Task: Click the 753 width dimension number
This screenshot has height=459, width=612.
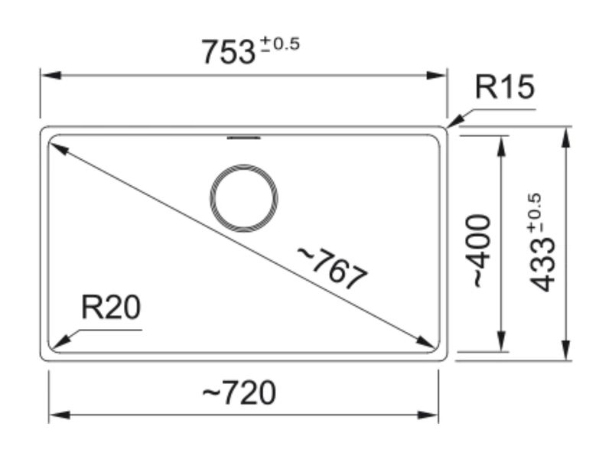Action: [228, 52]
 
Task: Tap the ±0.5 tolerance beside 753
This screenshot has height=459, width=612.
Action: [280, 44]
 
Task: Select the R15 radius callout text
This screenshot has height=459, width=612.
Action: [504, 86]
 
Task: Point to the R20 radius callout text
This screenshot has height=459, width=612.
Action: [111, 308]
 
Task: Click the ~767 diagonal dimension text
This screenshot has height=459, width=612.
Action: [333, 268]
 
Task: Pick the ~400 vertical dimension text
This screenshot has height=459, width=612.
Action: [481, 251]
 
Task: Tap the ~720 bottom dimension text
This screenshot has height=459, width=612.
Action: [239, 392]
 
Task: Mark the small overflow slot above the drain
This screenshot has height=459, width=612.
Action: [244, 138]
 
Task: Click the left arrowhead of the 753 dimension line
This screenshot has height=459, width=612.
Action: [50, 75]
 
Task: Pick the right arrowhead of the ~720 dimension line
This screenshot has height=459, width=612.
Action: [428, 415]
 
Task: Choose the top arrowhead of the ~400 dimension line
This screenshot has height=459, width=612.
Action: [502, 146]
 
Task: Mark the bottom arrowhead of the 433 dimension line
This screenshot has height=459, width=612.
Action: [565, 350]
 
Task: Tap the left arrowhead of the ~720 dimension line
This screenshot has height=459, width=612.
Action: [60, 415]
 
